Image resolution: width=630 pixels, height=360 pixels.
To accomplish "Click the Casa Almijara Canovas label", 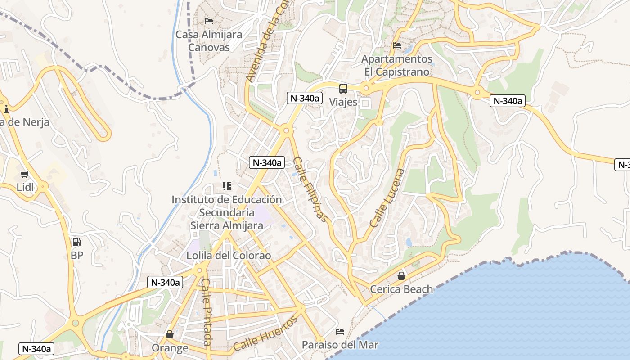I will pyautogui.click(x=209, y=41).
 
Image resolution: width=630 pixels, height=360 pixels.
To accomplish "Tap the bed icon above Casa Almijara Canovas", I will pyautogui.click(x=209, y=21).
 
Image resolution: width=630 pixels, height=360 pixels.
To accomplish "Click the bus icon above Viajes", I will pyautogui.click(x=343, y=88).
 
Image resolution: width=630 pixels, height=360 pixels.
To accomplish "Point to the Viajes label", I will pyautogui.click(x=343, y=102).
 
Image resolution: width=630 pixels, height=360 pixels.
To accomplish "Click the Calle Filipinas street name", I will pyautogui.click(x=310, y=189).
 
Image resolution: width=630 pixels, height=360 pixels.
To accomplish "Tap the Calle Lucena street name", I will pyautogui.click(x=387, y=198).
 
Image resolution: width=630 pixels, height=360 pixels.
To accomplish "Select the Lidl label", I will pyautogui.click(x=25, y=187).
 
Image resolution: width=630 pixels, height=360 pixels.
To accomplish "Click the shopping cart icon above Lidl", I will pyautogui.click(x=25, y=174).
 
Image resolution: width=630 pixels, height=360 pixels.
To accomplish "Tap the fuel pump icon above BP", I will pyautogui.click(x=77, y=242).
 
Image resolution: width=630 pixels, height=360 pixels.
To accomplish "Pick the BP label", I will pyautogui.click(x=77, y=255).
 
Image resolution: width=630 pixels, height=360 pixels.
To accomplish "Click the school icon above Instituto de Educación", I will pyautogui.click(x=227, y=186).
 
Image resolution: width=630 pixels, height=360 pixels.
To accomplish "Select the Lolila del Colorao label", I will pyautogui.click(x=229, y=256).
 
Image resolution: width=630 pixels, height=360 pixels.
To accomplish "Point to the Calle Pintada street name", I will pyautogui.click(x=206, y=312).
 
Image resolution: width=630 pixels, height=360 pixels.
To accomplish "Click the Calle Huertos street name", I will pyautogui.click(x=265, y=334).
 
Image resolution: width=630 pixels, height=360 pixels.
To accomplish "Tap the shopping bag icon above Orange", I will pyautogui.click(x=170, y=334).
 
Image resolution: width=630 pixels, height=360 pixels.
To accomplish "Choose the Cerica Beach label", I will pyautogui.click(x=401, y=289).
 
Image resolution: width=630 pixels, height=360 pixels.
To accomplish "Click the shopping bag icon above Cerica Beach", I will pyautogui.click(x=401, y=276).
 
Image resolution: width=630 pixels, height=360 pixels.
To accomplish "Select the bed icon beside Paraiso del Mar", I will pyautogui.click(x=340, y=332).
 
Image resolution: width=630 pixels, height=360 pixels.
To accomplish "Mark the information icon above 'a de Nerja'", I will pyautogui.click(x=6, y=109).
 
